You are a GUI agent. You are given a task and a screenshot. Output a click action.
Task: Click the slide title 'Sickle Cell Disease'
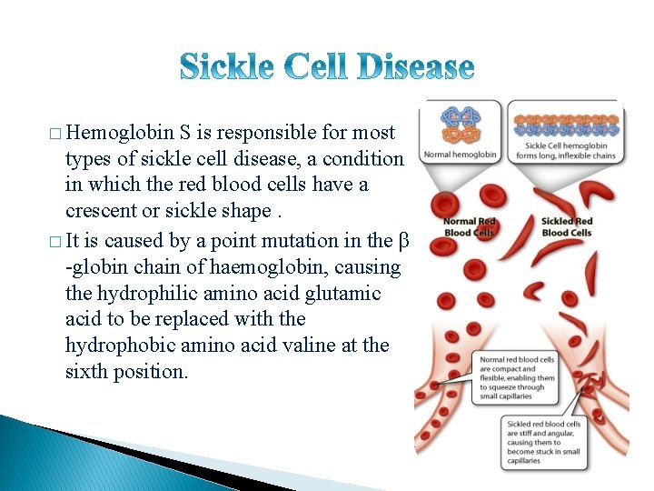click(x=327, y=66)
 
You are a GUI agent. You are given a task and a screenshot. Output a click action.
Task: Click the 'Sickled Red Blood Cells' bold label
click(x=567, y=227)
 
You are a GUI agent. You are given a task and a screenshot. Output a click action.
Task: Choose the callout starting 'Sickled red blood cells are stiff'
click(x=545, y=442)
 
